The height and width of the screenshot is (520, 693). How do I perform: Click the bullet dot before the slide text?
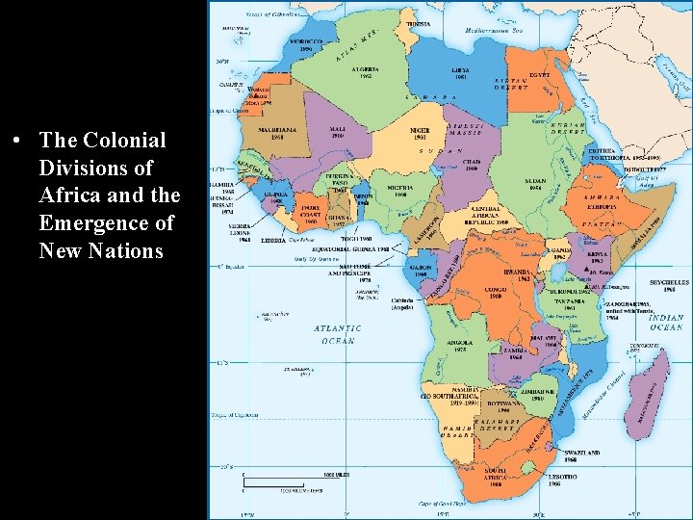18,141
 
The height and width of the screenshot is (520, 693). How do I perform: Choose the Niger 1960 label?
420,132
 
